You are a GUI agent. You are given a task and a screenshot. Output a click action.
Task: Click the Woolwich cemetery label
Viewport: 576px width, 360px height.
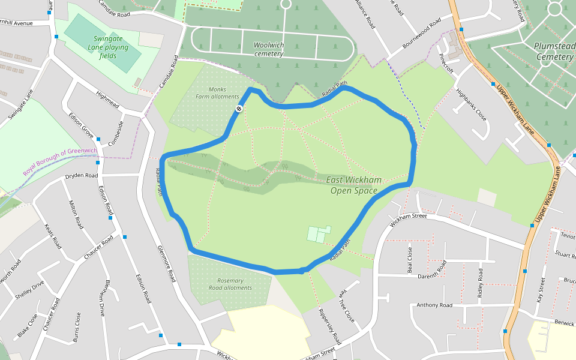click(268, 49)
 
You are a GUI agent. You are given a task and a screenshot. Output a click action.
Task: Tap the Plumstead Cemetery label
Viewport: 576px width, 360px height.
click(554, 52)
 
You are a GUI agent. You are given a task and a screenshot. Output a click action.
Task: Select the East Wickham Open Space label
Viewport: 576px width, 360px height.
click(354, 185)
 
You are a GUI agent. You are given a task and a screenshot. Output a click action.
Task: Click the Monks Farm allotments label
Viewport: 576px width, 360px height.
click(217, 92)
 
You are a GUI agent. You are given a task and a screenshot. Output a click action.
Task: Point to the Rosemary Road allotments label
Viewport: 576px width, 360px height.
click(230, 284)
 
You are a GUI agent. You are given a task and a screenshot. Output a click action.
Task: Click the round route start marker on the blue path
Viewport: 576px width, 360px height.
click(238, 109)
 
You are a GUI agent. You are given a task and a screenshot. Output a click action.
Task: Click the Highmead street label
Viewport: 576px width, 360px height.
click(108, 100)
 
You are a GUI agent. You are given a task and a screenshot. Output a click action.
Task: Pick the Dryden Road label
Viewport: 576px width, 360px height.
click(81, 176)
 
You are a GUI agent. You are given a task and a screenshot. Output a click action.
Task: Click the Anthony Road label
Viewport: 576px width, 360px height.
click(434, 305)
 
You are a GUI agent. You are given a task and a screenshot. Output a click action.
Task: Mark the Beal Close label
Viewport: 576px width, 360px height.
click(410, 259)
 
